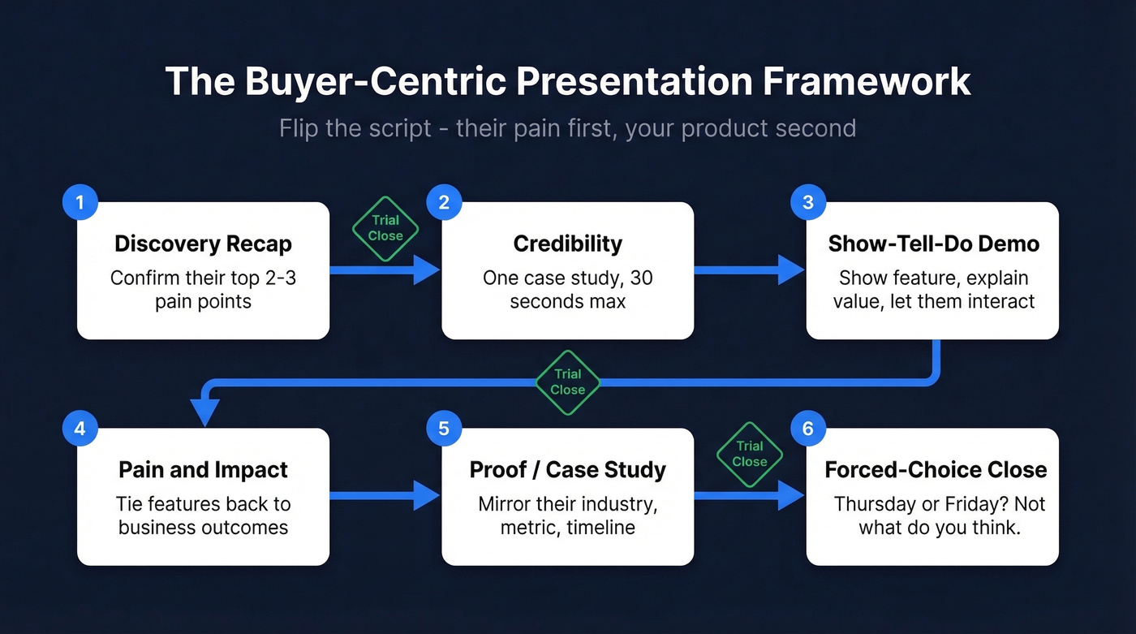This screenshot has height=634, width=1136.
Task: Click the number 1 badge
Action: click(80, 203)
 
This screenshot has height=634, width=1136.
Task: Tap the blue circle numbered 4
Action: click(80, 429)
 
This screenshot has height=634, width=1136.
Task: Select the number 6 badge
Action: click(807, 429)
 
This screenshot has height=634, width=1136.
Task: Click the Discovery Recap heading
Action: click(203, 244)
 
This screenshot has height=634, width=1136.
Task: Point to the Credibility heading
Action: click(567, 244)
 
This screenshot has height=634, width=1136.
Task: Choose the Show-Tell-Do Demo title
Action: click(933, 244)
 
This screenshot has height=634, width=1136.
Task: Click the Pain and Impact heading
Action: click(203, 469)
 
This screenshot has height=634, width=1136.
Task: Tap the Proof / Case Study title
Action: click(567, 469)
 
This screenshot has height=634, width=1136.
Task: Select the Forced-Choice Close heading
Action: click(936, 469)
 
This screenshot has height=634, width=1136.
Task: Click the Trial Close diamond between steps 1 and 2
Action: click(385, 228)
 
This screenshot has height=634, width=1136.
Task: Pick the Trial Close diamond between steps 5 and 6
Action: click(749, 454)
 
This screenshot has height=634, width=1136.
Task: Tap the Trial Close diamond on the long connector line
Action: click(567, 382)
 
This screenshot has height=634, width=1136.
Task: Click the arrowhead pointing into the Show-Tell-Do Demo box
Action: click(790, 270)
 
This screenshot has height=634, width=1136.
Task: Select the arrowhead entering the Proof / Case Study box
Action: click(426, 495)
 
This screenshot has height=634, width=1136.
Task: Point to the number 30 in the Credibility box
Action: click(640, 278)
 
